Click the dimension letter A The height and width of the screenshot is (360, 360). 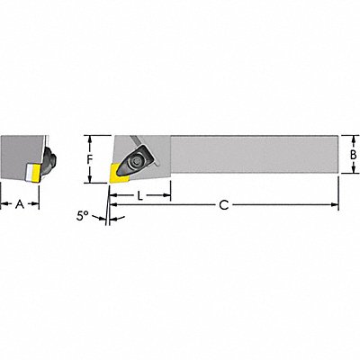point(20,204)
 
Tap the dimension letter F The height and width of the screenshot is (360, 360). point(89,159)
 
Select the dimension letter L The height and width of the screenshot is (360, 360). point(139,196)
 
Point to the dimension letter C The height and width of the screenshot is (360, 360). point(224,205)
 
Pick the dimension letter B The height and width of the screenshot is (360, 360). point(354,155)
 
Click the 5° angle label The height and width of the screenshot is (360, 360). point(83,216)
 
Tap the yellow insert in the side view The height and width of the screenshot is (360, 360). point(119,173)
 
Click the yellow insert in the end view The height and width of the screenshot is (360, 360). point(37,173)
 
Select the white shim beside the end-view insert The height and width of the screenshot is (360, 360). point(29,173)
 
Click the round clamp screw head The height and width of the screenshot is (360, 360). point(137,161)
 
